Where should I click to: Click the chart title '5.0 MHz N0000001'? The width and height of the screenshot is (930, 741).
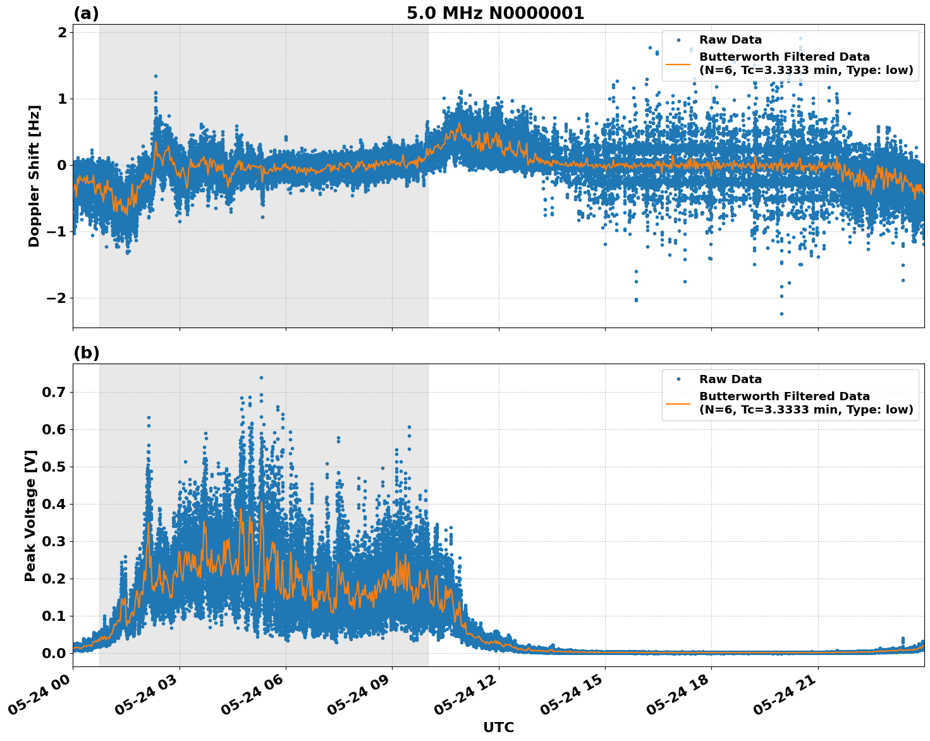click(x=495, y=13)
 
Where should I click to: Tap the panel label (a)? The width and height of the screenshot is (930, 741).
click(x=86, y=13)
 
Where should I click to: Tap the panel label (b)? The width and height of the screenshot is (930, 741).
click(x=86, y=353)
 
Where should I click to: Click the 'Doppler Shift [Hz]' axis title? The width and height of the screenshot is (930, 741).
click(x=34, y=176)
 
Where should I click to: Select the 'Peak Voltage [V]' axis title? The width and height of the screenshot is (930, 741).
click(x=30, y=515)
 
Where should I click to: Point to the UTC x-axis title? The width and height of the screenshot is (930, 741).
click(x=498, y=727)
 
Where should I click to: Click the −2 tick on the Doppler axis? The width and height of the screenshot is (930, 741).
click(x=57, y=298)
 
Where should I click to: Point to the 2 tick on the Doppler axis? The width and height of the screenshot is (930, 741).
click(x=62, y=32)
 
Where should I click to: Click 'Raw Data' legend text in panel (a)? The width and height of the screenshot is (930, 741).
click(x=730, y=40)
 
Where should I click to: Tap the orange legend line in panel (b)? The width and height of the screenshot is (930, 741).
click(x=678, y=403)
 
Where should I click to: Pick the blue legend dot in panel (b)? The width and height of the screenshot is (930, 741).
click(x=678, y=379)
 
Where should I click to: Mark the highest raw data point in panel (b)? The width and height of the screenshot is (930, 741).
click(x=261, y=377)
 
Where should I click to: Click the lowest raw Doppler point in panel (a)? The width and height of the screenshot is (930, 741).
click(x=781, y=314)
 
